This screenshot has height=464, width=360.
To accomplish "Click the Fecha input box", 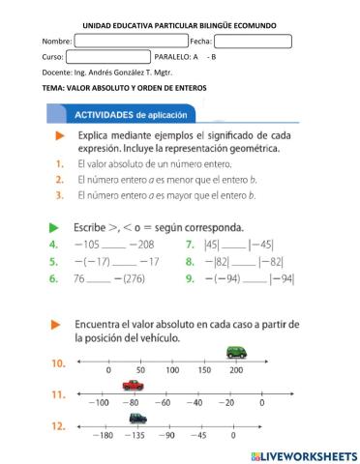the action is (x=253, y=42).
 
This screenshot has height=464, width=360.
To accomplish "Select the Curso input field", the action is (x=107, y=57).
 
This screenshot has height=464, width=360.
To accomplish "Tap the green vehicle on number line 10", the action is (x=235, y=352).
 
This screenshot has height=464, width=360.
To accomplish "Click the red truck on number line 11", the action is (x=133, y=386).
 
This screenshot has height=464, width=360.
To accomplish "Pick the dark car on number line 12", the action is (x=138, y=418).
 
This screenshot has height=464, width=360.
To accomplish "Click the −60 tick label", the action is (x=164, y=402).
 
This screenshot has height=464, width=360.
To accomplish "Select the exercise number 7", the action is (x=190, y=246).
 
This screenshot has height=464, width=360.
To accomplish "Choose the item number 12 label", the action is (x=59, y=425).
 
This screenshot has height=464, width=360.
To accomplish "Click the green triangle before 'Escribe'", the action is (x=55, y=227).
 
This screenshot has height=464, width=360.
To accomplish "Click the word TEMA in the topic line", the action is (x=53, y=88).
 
